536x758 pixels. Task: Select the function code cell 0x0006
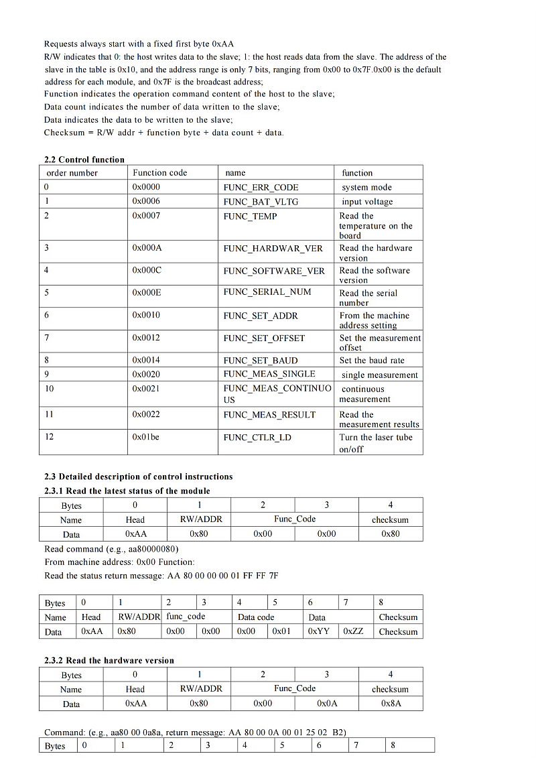pyautogui.click(x=146, y=201)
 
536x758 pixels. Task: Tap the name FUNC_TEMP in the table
pyautogui.click(x=250, y=216)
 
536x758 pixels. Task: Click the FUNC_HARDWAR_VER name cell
pyautogui.click(x=273, y=249)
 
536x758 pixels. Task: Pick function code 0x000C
pyautogui.click(x=147, y=270)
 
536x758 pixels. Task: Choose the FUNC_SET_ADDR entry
pyautogui.click(x=261, y=316)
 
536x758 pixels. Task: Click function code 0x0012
pyautogui.click(x=146, y=338)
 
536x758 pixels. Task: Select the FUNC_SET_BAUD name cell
pyautogui.click(x=261, y=361)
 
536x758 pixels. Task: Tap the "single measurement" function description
pyautogui.click(x=379, y=375)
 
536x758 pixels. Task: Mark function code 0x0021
pyautogui.click(x=146, y=389)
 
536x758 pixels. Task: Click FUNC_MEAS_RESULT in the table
pyautogui.click(x=269, y=415)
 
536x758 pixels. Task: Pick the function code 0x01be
pyautogui.click(x=145, y=437)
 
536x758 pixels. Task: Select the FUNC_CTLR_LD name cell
pyautogui.click(x=257, y=438)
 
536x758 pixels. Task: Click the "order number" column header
pyautogui.click(x=72, y=173)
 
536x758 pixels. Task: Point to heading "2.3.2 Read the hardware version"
pyautogui.click(x=109, y=660)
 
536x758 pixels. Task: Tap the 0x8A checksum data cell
pyautogui.click(x=391, y=704)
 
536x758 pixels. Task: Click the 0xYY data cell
pyautogui.click(x=318, y=631)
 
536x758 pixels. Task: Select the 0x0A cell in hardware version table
pyautogui.click(x=327, y=704)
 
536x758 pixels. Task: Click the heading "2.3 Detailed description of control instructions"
pyautogui.click(x=139, y=477)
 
